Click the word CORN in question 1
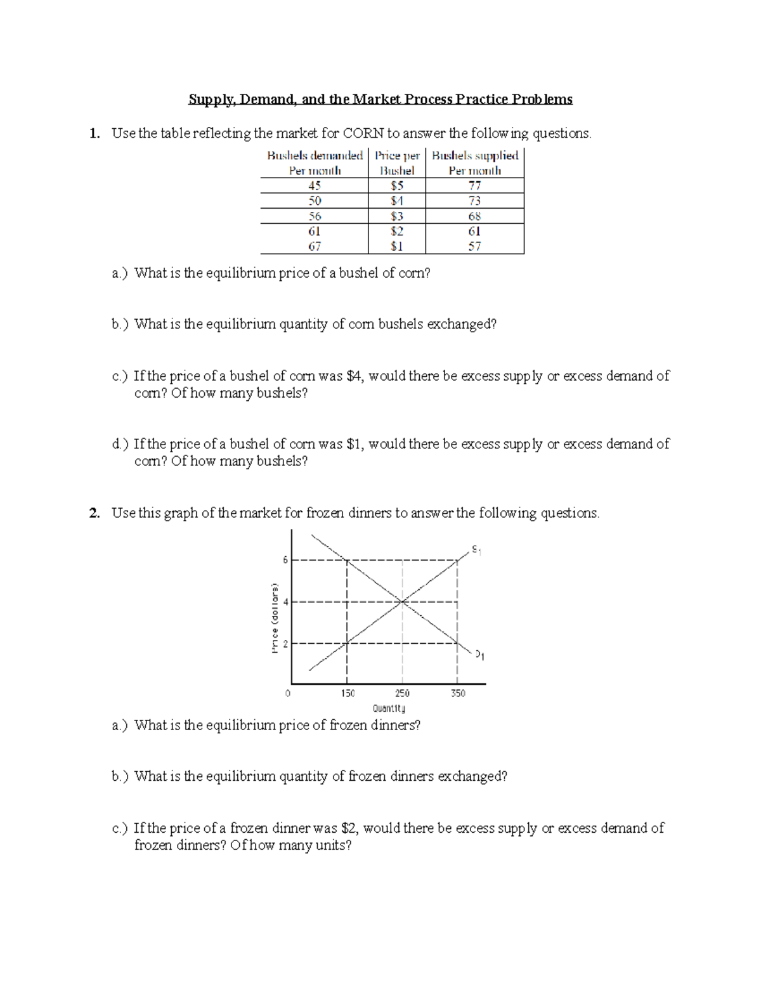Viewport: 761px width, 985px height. pos(363,133)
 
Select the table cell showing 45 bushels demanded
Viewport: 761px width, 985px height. pos(315,186)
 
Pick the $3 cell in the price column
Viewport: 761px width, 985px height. pos(397,216)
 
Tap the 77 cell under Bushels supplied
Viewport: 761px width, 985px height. pos(474,186)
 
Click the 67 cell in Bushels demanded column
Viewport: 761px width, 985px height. pos(315,246)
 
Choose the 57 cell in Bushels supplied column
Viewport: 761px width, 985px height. pos(474,246)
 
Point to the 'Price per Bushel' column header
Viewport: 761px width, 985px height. pos(397,163)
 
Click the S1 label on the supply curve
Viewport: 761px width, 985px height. pos(476,550)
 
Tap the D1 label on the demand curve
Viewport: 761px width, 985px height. pos(480,655)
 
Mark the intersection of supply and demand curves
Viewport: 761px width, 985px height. pos(402,601)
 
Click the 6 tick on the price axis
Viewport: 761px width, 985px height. pos(285,560)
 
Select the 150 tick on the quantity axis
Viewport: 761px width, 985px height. pos(348,693)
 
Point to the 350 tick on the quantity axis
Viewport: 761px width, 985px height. pos(458,693)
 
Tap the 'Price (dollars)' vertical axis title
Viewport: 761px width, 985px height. pos(275,618)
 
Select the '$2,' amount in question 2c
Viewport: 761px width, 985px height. pos(349,828)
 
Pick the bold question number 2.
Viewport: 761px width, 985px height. pos(94,513)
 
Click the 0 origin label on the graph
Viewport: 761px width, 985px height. pos(288,693)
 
